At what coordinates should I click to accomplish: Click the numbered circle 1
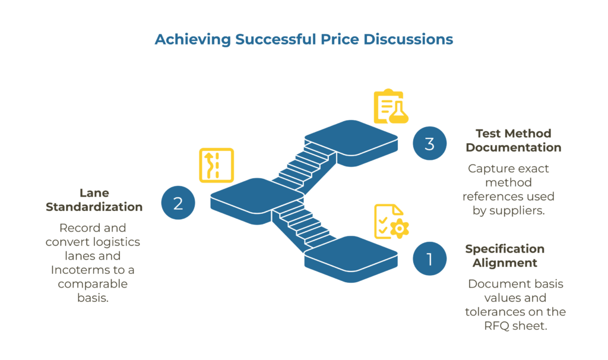coord(430,259)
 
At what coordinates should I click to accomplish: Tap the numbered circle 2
coord(178,203)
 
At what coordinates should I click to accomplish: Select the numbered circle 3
coord(430,143)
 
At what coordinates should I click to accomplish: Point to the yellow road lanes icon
coord(216,165)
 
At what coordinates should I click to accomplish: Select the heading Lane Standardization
coord(94,200)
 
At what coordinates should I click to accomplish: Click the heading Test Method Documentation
coord(513,140)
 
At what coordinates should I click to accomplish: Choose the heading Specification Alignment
coord(505,255)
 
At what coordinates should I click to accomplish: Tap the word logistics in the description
coord(112,242)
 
